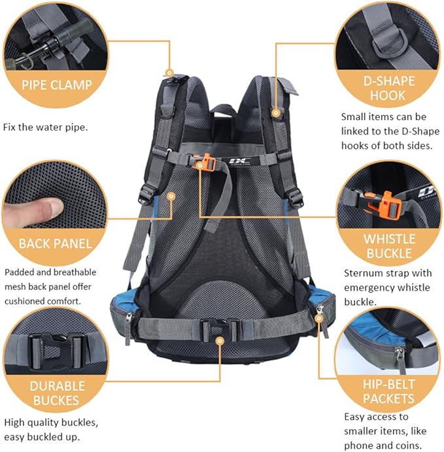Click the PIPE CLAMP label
coord(56,84)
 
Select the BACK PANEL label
coord(55,244)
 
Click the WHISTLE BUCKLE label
coord(388,246)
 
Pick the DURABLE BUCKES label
coord(54,393)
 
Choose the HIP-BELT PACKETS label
coord(388,391)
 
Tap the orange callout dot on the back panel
coord(171,195)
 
